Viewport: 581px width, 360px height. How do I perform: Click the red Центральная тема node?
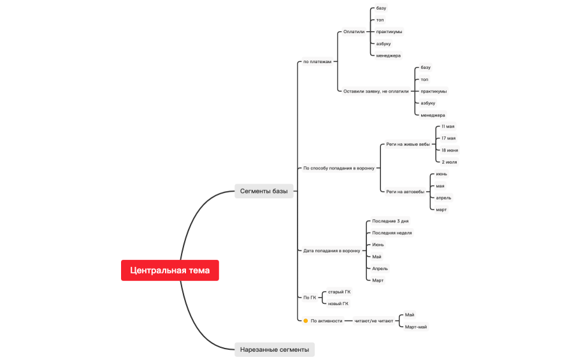click(x=169, y=270)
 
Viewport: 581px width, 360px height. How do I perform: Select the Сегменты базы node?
click(x=264, y=191)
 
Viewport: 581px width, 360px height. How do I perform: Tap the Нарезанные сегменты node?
click(x=275, y=350)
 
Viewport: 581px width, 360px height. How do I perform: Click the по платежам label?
click(x=317, y=62)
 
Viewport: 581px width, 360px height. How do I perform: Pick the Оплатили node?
click(x=354, y=32)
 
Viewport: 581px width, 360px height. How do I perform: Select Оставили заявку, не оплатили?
click(x=376, y=91)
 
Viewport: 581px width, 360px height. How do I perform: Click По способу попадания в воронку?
click(x=339, y=168)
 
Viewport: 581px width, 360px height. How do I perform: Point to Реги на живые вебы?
click(x=408, y=144)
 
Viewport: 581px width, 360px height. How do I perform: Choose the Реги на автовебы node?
click(x=405, y=192)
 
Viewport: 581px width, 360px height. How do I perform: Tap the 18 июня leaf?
click(x=450, y=150)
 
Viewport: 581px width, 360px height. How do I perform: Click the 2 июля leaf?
click(x=449, y=162)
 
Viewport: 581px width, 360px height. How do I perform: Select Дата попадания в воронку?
click(x=332, y=250)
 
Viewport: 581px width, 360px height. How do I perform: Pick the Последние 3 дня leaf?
click(x=390, y=221)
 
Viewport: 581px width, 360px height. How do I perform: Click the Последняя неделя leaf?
click(x=392, y=233)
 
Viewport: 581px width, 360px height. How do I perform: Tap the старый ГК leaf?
click(x=339, y=292)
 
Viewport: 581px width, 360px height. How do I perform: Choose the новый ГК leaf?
click(x=338, y=304)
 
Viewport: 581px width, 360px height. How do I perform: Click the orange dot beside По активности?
click(x=306, y=320)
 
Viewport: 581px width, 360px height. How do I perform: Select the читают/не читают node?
click(x=373, y=320)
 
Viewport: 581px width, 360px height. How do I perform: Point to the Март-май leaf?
click(x=416, y=327)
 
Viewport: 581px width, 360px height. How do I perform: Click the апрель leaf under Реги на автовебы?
click(x=443, y=198)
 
